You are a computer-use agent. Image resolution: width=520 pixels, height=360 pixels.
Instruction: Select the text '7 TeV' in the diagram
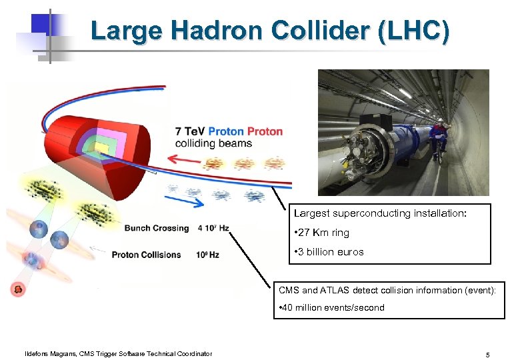[190, 131]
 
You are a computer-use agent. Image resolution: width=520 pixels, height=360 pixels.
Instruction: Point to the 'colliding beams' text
[213, 143]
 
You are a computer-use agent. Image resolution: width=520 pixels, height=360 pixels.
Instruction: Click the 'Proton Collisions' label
[146, 254]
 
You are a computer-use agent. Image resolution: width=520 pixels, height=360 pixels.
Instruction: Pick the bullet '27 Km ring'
[323, 233]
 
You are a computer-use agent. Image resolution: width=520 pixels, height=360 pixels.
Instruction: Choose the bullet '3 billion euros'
[330, 252]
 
